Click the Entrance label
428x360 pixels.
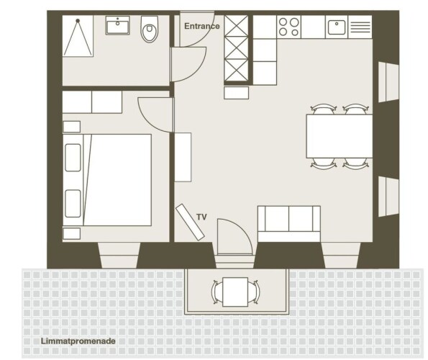point(202,26)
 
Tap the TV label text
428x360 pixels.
point(201,217)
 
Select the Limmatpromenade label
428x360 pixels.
point(78,341)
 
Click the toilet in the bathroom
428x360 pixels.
point(150,29)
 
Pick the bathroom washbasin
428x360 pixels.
point(118,25)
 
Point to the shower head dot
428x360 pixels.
point(78,20)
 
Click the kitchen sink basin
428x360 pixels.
point(337,27)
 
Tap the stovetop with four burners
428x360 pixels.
point(288,27)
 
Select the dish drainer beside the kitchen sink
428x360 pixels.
point(360,27)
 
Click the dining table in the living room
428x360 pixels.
point(340,136)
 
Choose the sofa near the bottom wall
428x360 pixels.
point(289,224)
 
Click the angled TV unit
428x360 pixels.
point(190,222)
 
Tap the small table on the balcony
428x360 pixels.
point(235,292)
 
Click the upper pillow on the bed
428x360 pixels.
point(73,158)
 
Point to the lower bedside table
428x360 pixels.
point(71,234)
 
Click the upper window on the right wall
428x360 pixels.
point(388,82)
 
